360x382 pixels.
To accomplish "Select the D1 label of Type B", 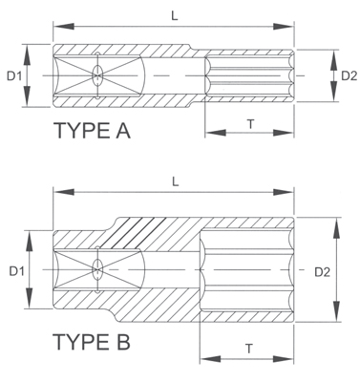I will (16, 272).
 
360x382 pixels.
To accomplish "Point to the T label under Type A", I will (250, 123).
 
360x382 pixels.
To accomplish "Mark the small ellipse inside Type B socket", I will (96, 271).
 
